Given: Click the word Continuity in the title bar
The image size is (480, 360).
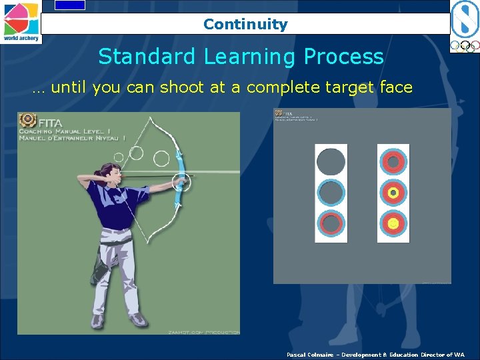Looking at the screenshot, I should (x=245, y=25).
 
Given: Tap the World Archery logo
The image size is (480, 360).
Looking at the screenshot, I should (x=21, y=21).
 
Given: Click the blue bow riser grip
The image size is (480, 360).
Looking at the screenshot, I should (x=179, y=181).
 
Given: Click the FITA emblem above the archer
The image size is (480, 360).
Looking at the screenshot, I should (x=27, y=120).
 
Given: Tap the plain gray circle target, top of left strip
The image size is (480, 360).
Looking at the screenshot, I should (x=331, y=161).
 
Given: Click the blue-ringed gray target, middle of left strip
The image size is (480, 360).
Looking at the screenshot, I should (x=331, y=193).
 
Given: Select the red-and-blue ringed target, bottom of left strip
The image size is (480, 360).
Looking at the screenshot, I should (x=331, y=224).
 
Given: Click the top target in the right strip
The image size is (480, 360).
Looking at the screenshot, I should (x=393, y=161).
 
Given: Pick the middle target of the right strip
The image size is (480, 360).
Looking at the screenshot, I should (x=393, y=193).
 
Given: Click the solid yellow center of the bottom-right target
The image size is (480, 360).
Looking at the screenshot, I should (x=393, y=224).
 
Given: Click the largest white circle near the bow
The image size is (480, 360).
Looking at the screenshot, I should (x=161, y=158).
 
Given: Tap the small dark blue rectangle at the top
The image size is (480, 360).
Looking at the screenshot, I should (x=70, y=5).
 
